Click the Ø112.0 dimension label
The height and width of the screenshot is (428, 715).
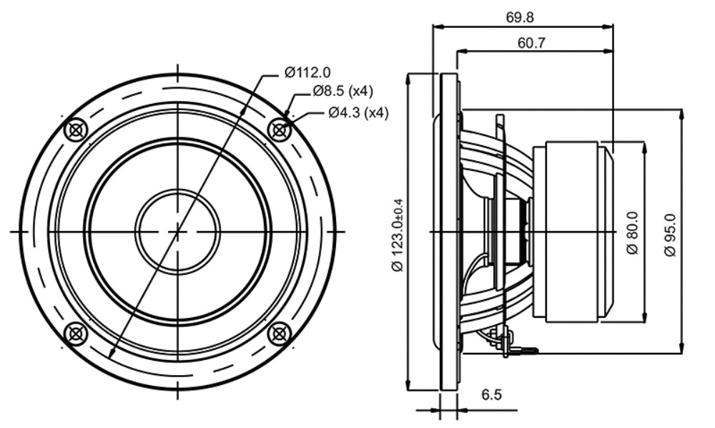(x=307, y=72)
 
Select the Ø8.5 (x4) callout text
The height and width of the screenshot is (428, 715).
(x=343, y=92)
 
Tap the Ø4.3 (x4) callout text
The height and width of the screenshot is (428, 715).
(x=358, y=112)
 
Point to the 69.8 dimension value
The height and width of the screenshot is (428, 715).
(x=520, y=17)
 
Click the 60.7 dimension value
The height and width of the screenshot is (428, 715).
(x=532, y=43)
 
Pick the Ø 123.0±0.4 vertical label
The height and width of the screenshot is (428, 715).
(x=398, y=235)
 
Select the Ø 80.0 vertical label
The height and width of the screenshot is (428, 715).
(x=633, y=233)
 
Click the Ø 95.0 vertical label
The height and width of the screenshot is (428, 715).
(x=670, y=235)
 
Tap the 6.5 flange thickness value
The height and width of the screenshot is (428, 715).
(x=492, y=394)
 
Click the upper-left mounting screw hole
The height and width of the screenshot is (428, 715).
(x=77, y=130)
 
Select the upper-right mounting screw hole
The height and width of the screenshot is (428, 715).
(x=280, y=130)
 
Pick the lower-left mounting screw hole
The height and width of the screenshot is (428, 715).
(x=76, y=334)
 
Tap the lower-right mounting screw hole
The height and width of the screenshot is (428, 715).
(x=280, y=334)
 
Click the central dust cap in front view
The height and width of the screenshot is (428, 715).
(x=177, y=232)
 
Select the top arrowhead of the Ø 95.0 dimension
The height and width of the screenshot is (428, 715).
(x=681, y=114)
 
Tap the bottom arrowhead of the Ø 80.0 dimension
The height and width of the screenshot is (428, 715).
(x=644, y=318)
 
